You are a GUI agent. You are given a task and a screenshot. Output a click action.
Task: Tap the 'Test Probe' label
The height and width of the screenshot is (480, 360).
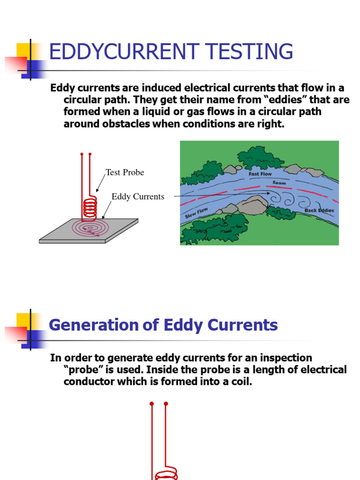click(125, 172)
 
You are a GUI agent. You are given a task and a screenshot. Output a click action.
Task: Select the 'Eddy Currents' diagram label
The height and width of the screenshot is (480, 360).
click(138, 196)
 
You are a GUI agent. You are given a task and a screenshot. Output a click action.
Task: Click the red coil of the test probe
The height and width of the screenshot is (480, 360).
click(90, 208)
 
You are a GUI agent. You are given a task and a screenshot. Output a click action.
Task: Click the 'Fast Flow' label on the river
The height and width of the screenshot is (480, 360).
click(260, 174)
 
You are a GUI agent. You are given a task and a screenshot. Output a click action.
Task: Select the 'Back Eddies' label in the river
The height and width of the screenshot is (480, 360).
click(319, 210)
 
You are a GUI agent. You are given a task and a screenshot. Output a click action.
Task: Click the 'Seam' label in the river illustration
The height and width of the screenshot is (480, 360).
click(279, 183)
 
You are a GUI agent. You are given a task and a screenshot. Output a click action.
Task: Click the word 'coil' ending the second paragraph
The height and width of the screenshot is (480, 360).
click(240, 382)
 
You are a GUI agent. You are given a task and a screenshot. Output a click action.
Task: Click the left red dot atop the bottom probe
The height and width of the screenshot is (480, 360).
click(152, 404)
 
